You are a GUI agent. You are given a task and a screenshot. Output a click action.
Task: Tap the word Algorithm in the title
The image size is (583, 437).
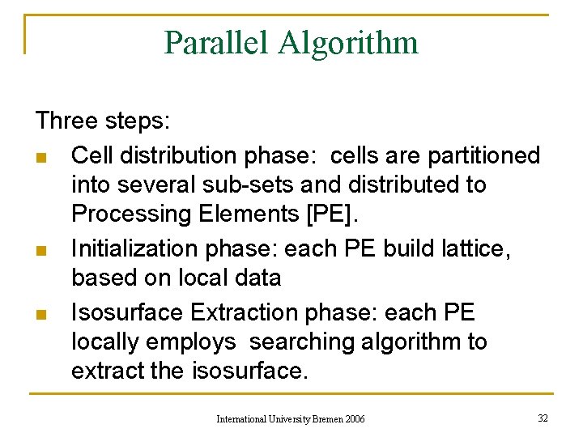348,42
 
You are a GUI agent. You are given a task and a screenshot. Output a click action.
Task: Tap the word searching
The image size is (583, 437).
302,342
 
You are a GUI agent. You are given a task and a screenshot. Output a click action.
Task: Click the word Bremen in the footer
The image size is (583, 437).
326,419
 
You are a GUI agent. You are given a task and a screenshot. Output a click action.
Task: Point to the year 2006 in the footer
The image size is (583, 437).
355,419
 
